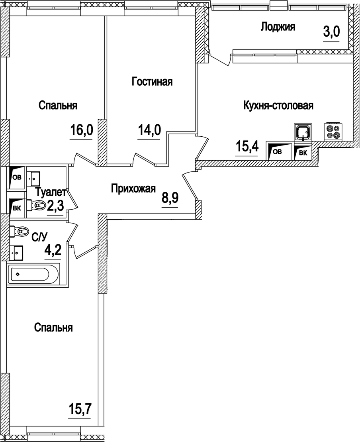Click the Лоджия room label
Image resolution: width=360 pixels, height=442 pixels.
click(278, 27)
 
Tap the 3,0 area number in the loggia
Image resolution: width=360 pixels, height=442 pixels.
click(331, 32)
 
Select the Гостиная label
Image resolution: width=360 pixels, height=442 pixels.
click(152, 82)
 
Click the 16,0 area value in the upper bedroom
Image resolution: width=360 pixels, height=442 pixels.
click(81, 130)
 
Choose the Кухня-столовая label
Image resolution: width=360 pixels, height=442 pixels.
click(278, 106)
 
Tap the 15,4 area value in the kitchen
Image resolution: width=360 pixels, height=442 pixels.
click(247, 147)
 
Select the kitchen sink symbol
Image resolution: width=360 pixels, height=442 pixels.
click(303, 132)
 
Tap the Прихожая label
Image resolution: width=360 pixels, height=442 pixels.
click(133, 189)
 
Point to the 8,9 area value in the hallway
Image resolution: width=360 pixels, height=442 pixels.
click(169, 198)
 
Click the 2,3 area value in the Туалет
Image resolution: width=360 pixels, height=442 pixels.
click(55, 206)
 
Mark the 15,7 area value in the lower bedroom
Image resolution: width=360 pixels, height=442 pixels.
click(80, 409)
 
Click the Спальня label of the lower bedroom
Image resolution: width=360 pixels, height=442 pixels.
click(53, 328)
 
